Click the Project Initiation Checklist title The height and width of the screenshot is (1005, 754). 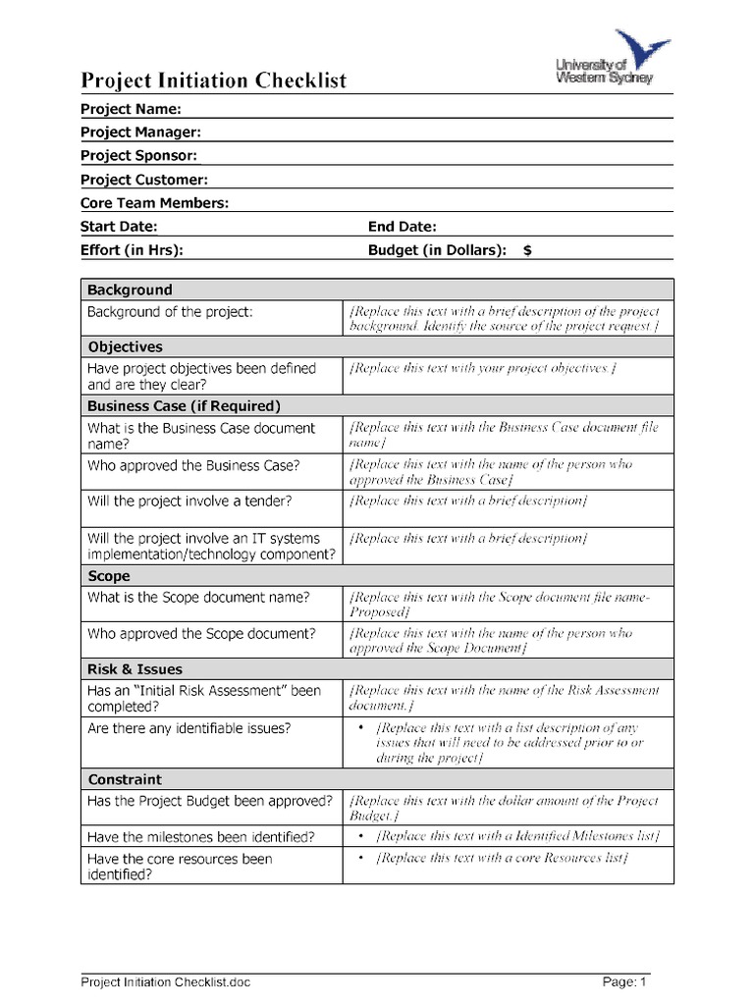click(x=213, y=80)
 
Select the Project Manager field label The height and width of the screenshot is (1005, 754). click(x=140, y=132)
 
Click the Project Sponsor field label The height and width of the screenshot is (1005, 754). click(x=138, y=155)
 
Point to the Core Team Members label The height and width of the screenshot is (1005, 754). click(x=154, y=203)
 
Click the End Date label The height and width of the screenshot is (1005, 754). click(x=403, y=227)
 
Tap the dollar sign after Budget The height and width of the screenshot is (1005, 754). click(x=527, y=250)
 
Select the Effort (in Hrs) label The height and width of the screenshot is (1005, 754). click(x=132, y=250)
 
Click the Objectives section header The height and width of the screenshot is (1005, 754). click(x=125, y=346)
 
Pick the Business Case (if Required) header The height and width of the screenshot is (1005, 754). click(x=184, y=405)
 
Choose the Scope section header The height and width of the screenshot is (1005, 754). click(x=109, y=576)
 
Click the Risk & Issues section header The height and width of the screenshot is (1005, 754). click(x=135, y=669)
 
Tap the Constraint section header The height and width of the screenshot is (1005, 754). click(x=125, y=779)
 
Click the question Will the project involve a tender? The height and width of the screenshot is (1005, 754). click(x=189, y=501)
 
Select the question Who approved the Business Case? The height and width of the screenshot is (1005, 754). click(x=193, y=465)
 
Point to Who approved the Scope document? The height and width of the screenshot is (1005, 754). click(x=201, y=633)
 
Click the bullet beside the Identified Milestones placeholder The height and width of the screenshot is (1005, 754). click(x=361, y=836)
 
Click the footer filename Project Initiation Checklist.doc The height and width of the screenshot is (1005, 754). click(x=165, y=981)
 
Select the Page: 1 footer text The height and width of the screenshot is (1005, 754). click(x=623, y=981)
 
